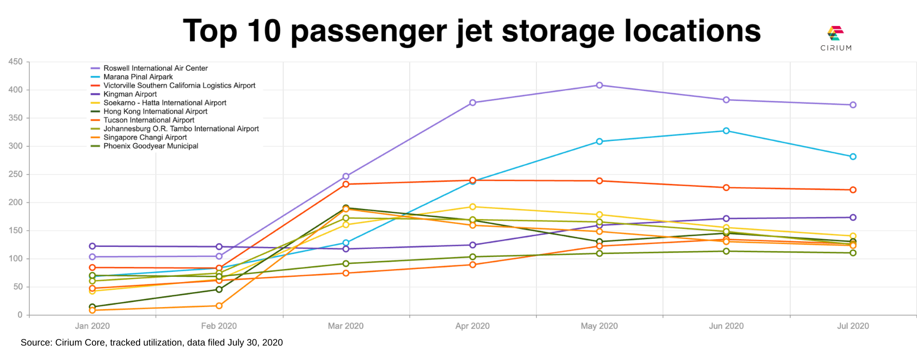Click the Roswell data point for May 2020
pos(599,85)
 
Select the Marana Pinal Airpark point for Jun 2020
pos(726,131)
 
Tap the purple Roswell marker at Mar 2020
pos(346,176)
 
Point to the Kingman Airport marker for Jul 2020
pos(853,218)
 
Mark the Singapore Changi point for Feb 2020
pos(219,306)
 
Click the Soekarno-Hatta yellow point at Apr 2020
pos(473,207)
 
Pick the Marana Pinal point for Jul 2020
pos(853,156)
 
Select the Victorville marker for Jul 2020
pos(853,190)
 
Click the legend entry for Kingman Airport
pos(130,94)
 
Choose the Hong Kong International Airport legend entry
pos(155,112)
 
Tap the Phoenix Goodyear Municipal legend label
pos(151,146)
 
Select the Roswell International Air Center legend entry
pos(155,68)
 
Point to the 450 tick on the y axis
pos(15,62)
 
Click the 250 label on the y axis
pos(15,174)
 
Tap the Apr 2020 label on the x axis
pos(472,326)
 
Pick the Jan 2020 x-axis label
pos(92,326)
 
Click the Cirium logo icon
pos(836,33)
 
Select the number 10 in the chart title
pos(264,31)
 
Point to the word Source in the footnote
pos(36,343)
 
